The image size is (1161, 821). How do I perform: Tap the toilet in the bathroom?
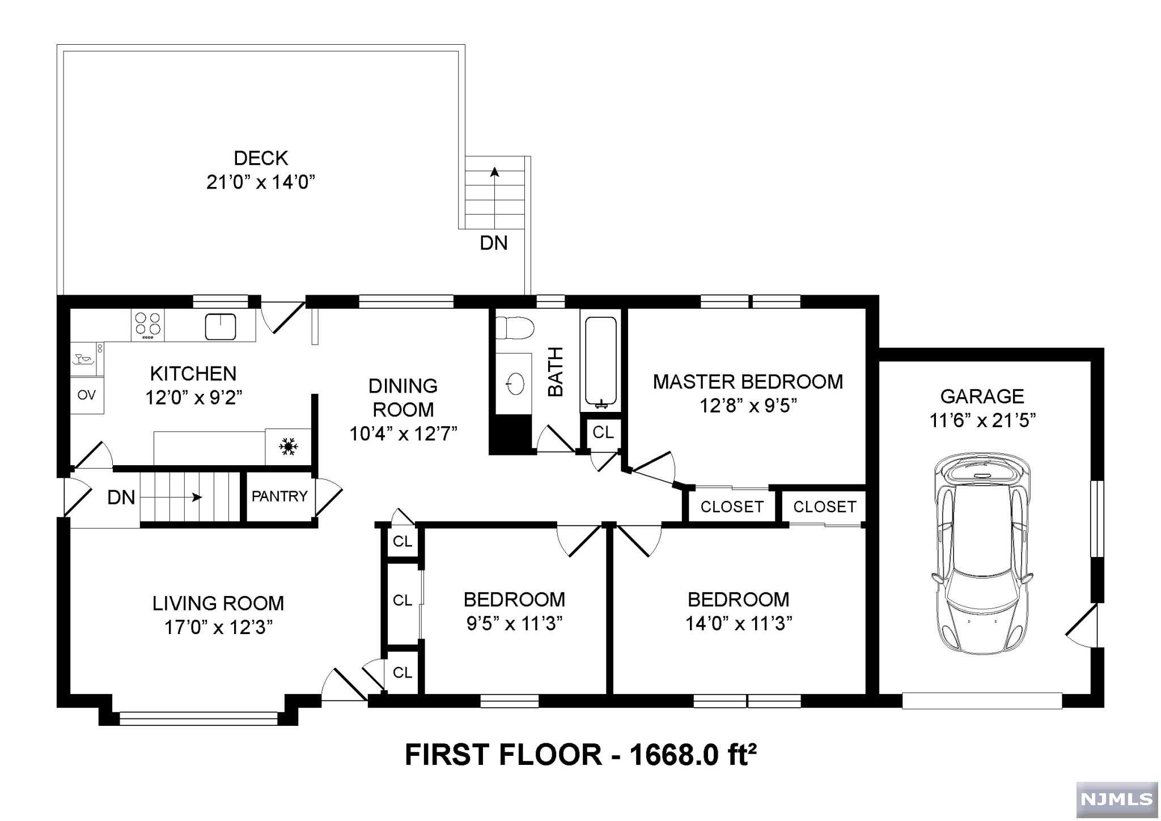pos(515,328)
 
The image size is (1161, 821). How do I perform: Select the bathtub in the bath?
pos(600,363)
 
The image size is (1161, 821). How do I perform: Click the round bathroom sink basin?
pos(515,384)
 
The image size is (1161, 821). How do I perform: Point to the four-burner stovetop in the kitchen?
pos(147,325)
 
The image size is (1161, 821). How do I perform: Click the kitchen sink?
pos(221,326)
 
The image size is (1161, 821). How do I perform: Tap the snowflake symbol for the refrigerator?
pos(288,446)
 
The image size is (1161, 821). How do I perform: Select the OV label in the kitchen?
pos(87,395)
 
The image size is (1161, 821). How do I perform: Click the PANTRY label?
pos(279,496)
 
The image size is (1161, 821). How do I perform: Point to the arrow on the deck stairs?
pos(495,198)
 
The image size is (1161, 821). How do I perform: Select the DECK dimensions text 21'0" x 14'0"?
pos(261,182)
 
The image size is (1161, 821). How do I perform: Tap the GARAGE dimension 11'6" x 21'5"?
pos(982,420)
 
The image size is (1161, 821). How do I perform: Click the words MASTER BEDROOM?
pos(748,382)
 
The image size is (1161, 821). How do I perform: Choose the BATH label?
pos(556,372)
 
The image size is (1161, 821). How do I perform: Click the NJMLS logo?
pos(1116,799)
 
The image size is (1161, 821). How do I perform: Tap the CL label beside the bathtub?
pos(603,432)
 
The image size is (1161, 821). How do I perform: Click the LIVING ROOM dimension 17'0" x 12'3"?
pos(219,627)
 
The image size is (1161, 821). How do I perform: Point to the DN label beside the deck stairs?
pos(494,243)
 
